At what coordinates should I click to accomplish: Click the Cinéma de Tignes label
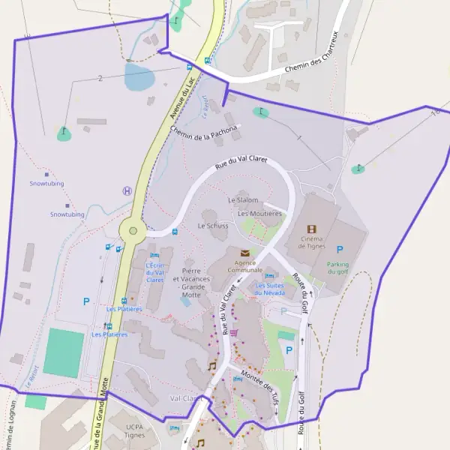(312, 242)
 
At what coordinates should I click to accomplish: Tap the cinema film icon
(312, 229)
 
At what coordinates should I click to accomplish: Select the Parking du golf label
(338, 268)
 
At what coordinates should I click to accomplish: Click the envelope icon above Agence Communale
(244, 253)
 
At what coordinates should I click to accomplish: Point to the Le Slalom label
(243, 200)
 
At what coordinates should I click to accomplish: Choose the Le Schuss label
(213, 225)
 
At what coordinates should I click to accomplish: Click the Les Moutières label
(259, 214)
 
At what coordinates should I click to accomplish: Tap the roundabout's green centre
(133, 231)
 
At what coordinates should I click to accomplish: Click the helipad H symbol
(127, 191)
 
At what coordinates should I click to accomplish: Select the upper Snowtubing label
(46, 184)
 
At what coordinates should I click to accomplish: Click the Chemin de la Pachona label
(203, 132)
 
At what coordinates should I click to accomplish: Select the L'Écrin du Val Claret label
(154, 272)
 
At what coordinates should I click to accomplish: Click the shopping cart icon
(234, 332)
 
